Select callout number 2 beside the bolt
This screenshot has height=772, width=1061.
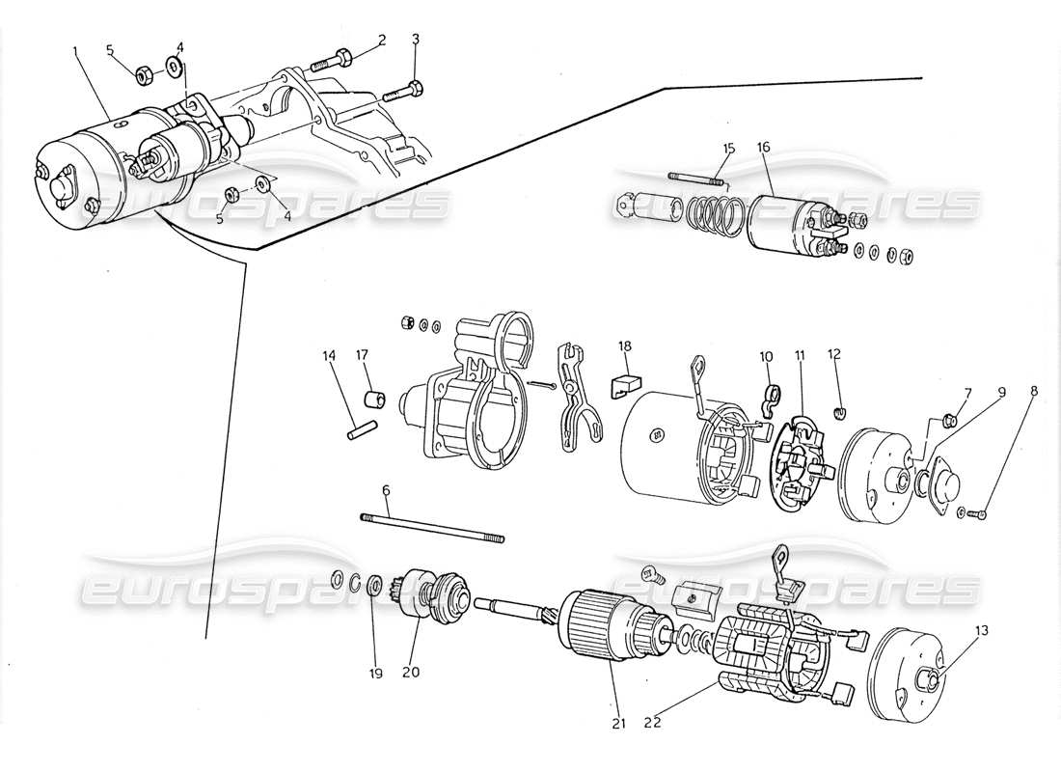(x=382, y=40)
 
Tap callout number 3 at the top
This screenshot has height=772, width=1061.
(x=415, y=40)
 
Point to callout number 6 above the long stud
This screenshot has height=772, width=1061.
(x=386, y=490)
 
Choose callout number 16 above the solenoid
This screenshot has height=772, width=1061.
(x=763, y=148)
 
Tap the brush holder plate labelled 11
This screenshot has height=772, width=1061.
(x=795, y=461)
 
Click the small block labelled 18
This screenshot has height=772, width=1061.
(x=623, y=383)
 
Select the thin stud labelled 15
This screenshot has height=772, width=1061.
(x=697, y=178)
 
